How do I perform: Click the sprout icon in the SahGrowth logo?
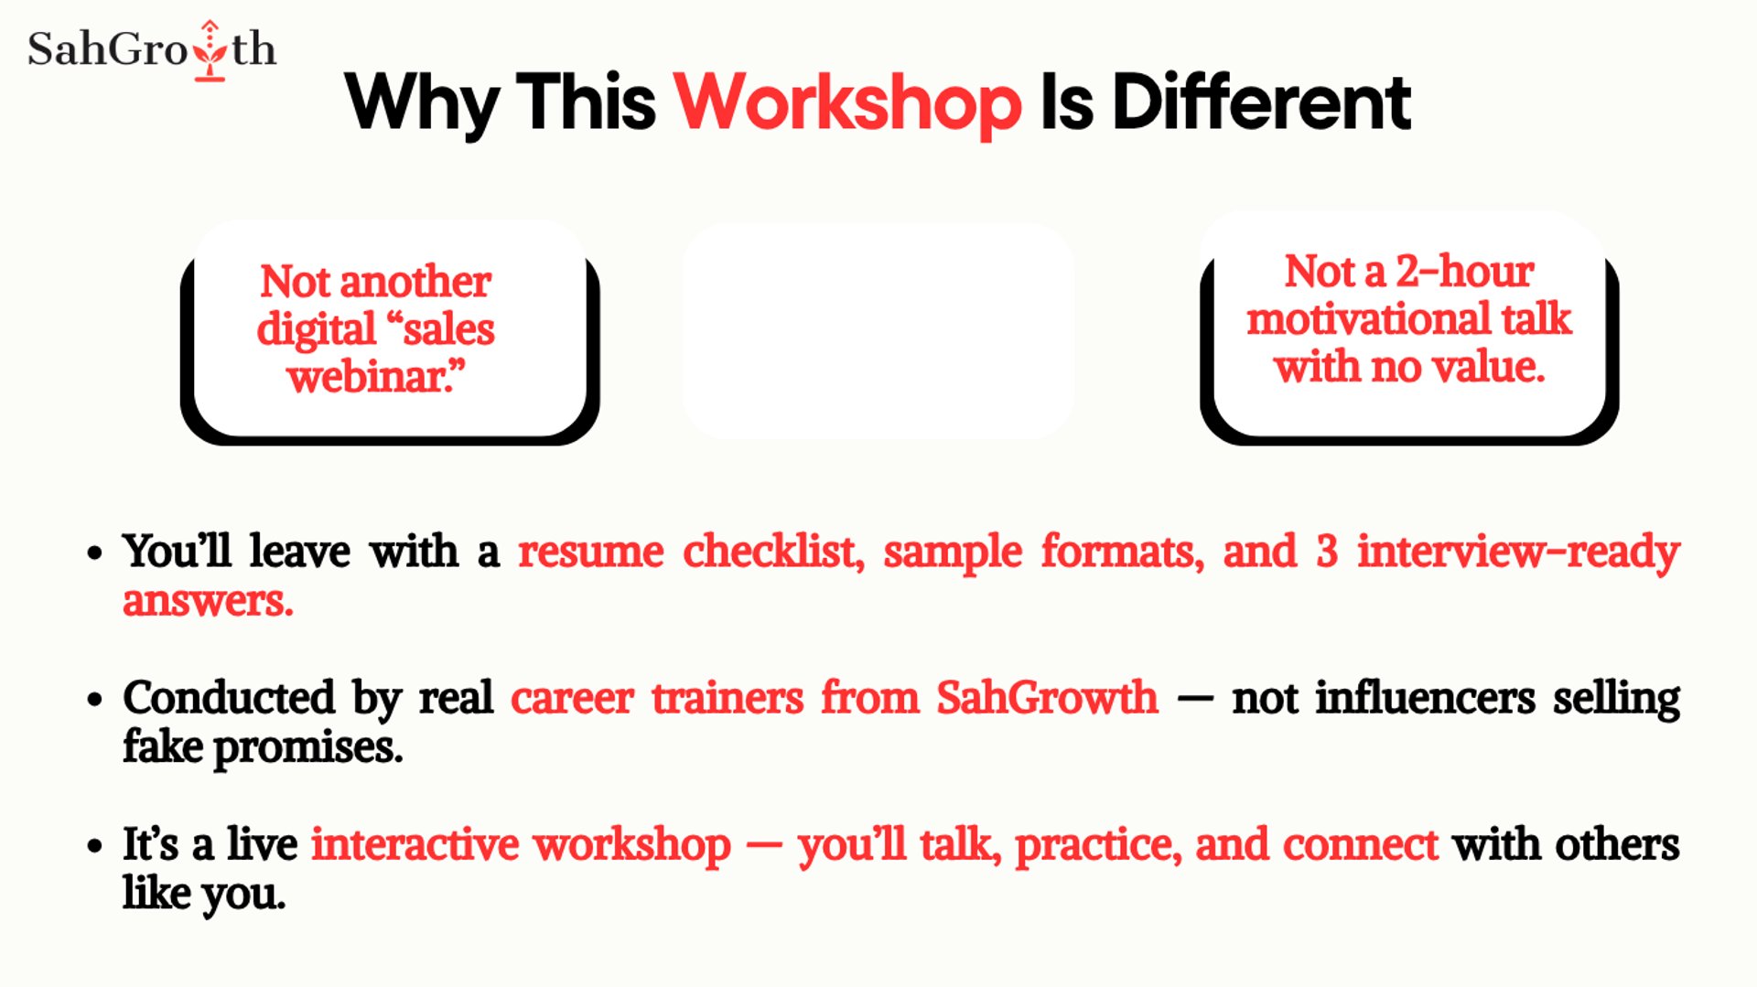point(210,50)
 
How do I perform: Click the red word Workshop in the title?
point(847,104)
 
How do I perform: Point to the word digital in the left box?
point(317,329)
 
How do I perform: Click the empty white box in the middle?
point(878,330)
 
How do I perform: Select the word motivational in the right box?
point(1368,318)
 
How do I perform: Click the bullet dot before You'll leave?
point(94,553)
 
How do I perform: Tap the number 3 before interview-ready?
point(1327,552)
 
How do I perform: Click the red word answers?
point(208,601)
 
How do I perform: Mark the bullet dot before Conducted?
point(94,700)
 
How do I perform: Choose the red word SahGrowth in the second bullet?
point(1047,697)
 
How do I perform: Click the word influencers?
point(1425,697)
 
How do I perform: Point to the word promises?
point(308,748)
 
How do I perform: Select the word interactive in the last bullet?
point(415,844)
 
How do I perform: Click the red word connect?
point(1361,845)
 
